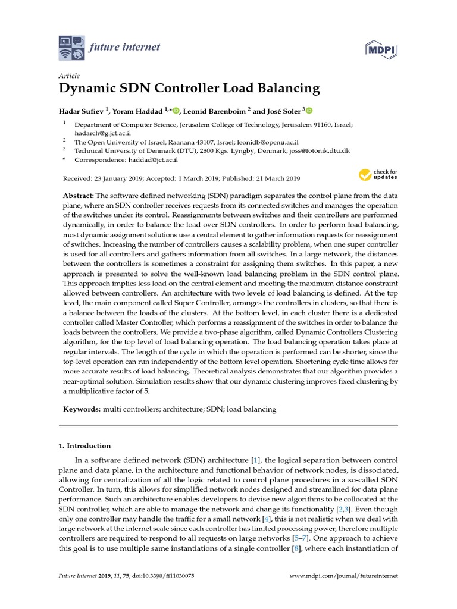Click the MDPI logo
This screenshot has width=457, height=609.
tap(381, 51)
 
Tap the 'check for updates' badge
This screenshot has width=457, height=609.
tap(378, 175)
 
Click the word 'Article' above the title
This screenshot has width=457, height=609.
tap(69, 76)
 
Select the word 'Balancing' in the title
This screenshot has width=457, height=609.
tap(289, 89)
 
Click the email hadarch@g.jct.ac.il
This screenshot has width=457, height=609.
tap(102, 134)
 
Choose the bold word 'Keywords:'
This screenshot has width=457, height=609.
tap(82, 409)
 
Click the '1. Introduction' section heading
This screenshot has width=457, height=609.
tap(85, 446)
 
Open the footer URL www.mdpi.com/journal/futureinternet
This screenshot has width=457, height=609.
tap(343, 576)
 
